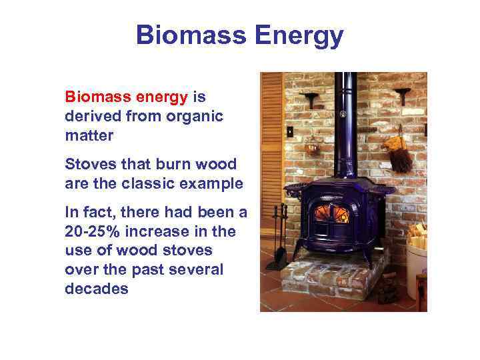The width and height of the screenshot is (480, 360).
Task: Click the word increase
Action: tap(163, 231)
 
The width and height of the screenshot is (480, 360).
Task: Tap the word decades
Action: tap(96, 289)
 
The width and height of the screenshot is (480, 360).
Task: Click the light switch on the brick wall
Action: tap(290, 131)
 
